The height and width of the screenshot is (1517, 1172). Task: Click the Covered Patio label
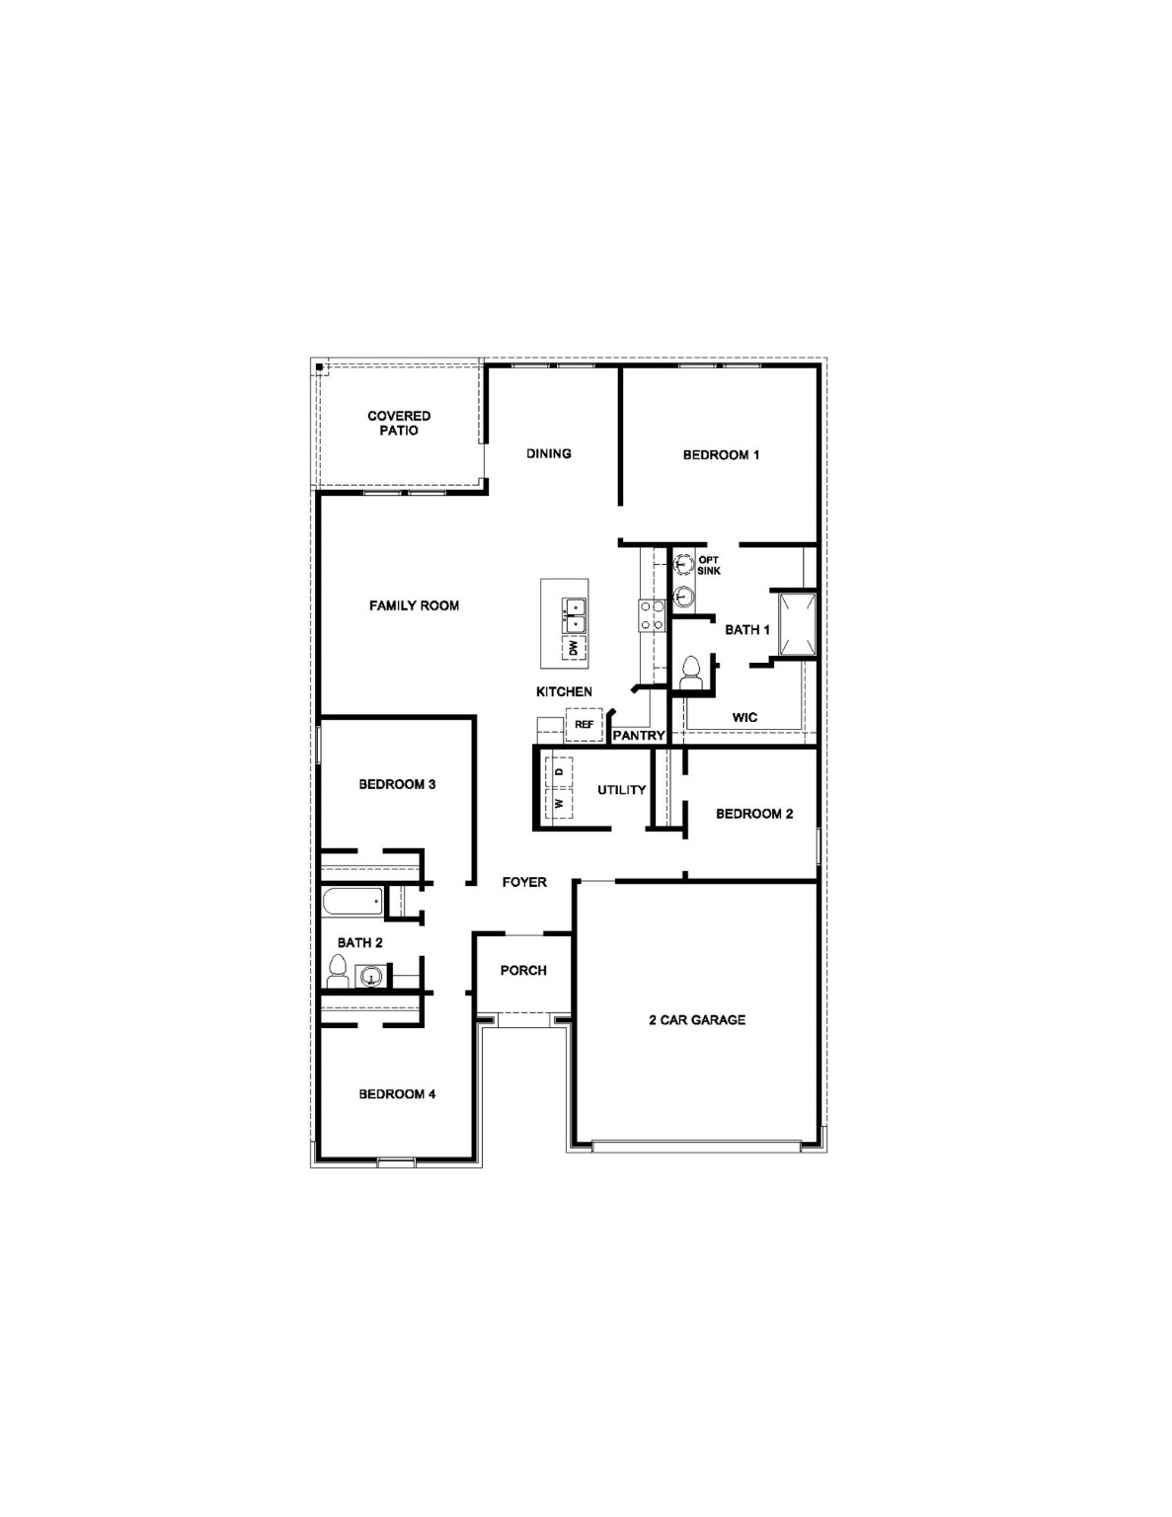(399, 424)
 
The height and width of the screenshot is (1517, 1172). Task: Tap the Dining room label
(548, 454)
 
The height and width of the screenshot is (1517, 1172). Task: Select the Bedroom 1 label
(721, 455)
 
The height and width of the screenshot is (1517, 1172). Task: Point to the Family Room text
(414, 605)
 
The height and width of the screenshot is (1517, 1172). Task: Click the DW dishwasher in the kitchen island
(572, 648)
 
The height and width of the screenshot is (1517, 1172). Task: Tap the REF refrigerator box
(583, 725)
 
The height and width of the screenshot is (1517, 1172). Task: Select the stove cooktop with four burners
(652, 615)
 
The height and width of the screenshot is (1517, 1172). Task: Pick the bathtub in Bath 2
(352, 901)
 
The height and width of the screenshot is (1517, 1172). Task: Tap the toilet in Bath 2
(338, 971)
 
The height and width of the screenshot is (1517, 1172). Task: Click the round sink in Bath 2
(370, 977)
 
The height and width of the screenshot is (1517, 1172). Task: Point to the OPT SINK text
(709, 565)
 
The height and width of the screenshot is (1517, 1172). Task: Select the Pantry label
(638, 736)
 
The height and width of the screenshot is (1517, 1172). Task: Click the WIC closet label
(744, 717)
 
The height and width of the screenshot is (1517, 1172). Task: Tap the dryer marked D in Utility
(559, 770)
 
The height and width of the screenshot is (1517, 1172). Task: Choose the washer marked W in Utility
(559, 803)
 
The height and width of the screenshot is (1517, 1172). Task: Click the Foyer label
(523, 882)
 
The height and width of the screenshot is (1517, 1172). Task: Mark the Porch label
(523, 971)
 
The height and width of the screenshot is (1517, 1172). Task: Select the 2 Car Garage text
(696, 1020)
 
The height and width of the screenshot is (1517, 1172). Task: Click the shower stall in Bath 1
(796, 625)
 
